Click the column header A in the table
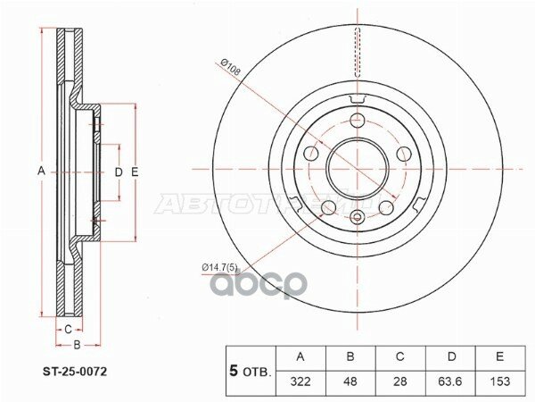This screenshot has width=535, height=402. pyautogui.click(x=300, y=357)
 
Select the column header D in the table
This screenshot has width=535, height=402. pyautogui.click(x=451, y=357)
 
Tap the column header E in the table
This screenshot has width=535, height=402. pyautogui.click(x=502, y=357)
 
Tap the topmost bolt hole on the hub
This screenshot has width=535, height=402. pyautogui.click(x=358, y=121)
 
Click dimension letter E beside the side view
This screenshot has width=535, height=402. pyautogui.click(x=134, y=170)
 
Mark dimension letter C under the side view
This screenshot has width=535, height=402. pyautogui.click(x=67, y=328)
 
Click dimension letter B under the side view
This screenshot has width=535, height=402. pyautogui.click(x=78, y=344)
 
